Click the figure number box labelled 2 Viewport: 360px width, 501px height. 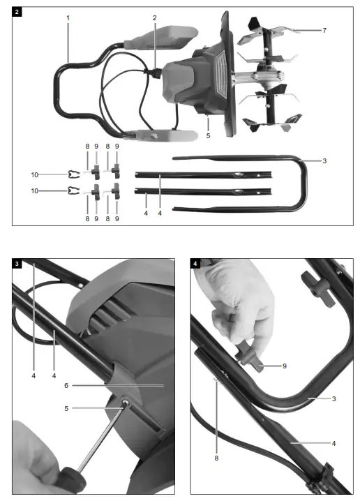pos(17,12)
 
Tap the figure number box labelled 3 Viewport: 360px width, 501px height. pos(17,264)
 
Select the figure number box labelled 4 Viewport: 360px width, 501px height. pos(196,264)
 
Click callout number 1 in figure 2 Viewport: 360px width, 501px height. pos(68,17)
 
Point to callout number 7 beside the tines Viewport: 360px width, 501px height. pos(324,31)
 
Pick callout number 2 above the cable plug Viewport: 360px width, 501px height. pos(155,17)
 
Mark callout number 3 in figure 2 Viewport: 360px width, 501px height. pos(324,161)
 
